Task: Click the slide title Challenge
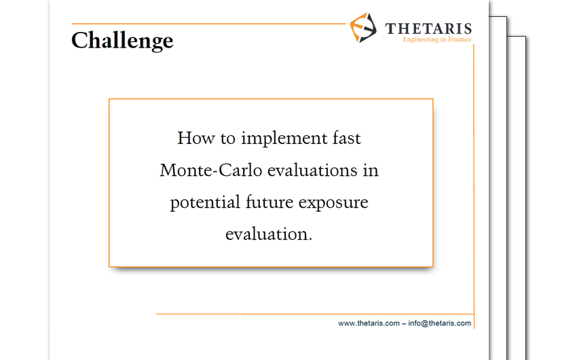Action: (122, 41)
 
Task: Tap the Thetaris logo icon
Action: (363, 28)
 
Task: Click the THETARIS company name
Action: (428, 29)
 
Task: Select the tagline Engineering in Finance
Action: (437, 39)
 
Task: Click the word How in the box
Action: (196, 138)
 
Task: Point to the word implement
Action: (284, 139)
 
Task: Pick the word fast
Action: (347, 138)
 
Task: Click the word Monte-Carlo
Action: (211, 170)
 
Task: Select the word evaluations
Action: (312, 170)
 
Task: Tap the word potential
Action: (205, 203)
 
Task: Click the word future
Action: (269, 202)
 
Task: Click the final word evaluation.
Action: (269, 234)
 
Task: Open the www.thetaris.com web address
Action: (369, 323)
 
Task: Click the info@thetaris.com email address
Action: (439, 323)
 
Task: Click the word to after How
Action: (227, 139)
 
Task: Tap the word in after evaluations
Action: (371, 170)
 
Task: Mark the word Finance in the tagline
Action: (460, 39)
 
